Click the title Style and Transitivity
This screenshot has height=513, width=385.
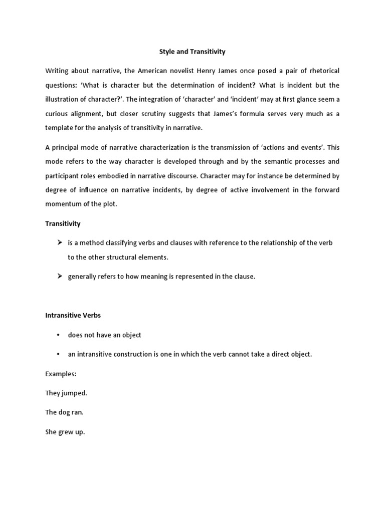[x=192, y=52]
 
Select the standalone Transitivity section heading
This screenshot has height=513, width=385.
[x=63, y=223]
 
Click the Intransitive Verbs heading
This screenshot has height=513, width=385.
[x=73, y=316]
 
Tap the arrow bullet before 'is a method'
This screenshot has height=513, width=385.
[x=59, y=243]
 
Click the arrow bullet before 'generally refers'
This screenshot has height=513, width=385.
[x=59, y=277]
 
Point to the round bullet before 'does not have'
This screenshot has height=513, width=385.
[x=59, y=335]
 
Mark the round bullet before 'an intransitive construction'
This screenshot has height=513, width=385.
[x=59, y=354]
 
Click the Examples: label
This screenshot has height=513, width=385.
[x=61, y=374]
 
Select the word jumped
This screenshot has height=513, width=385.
[x=75, y=393]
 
